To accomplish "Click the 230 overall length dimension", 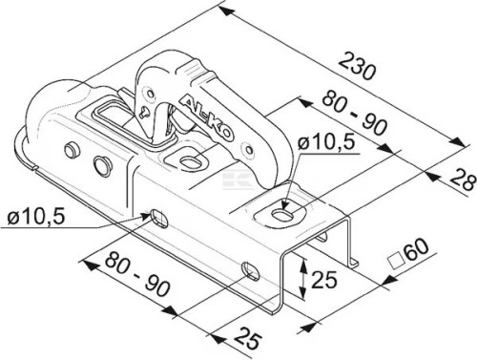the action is (x=357, y=67).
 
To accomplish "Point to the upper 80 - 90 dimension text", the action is (x=354, y=113).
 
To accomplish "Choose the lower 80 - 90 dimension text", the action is (x=137, y=273).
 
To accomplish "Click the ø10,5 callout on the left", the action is (x=36, y=217).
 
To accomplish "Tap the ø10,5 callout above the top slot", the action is (x=326, y=142).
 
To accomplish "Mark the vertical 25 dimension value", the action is (x=324, y=280).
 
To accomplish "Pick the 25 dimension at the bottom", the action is (x=248, y=337).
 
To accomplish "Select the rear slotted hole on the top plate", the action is (x=281, y=214).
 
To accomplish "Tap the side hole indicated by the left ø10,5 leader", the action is (x=159, y=218).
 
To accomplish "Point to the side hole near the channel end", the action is (x=251, y=271).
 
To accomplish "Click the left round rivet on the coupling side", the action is (x=72, y=150).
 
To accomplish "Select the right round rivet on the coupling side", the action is (x=102, y=165).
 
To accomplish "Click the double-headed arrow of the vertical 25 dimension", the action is (x=303, y=278).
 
